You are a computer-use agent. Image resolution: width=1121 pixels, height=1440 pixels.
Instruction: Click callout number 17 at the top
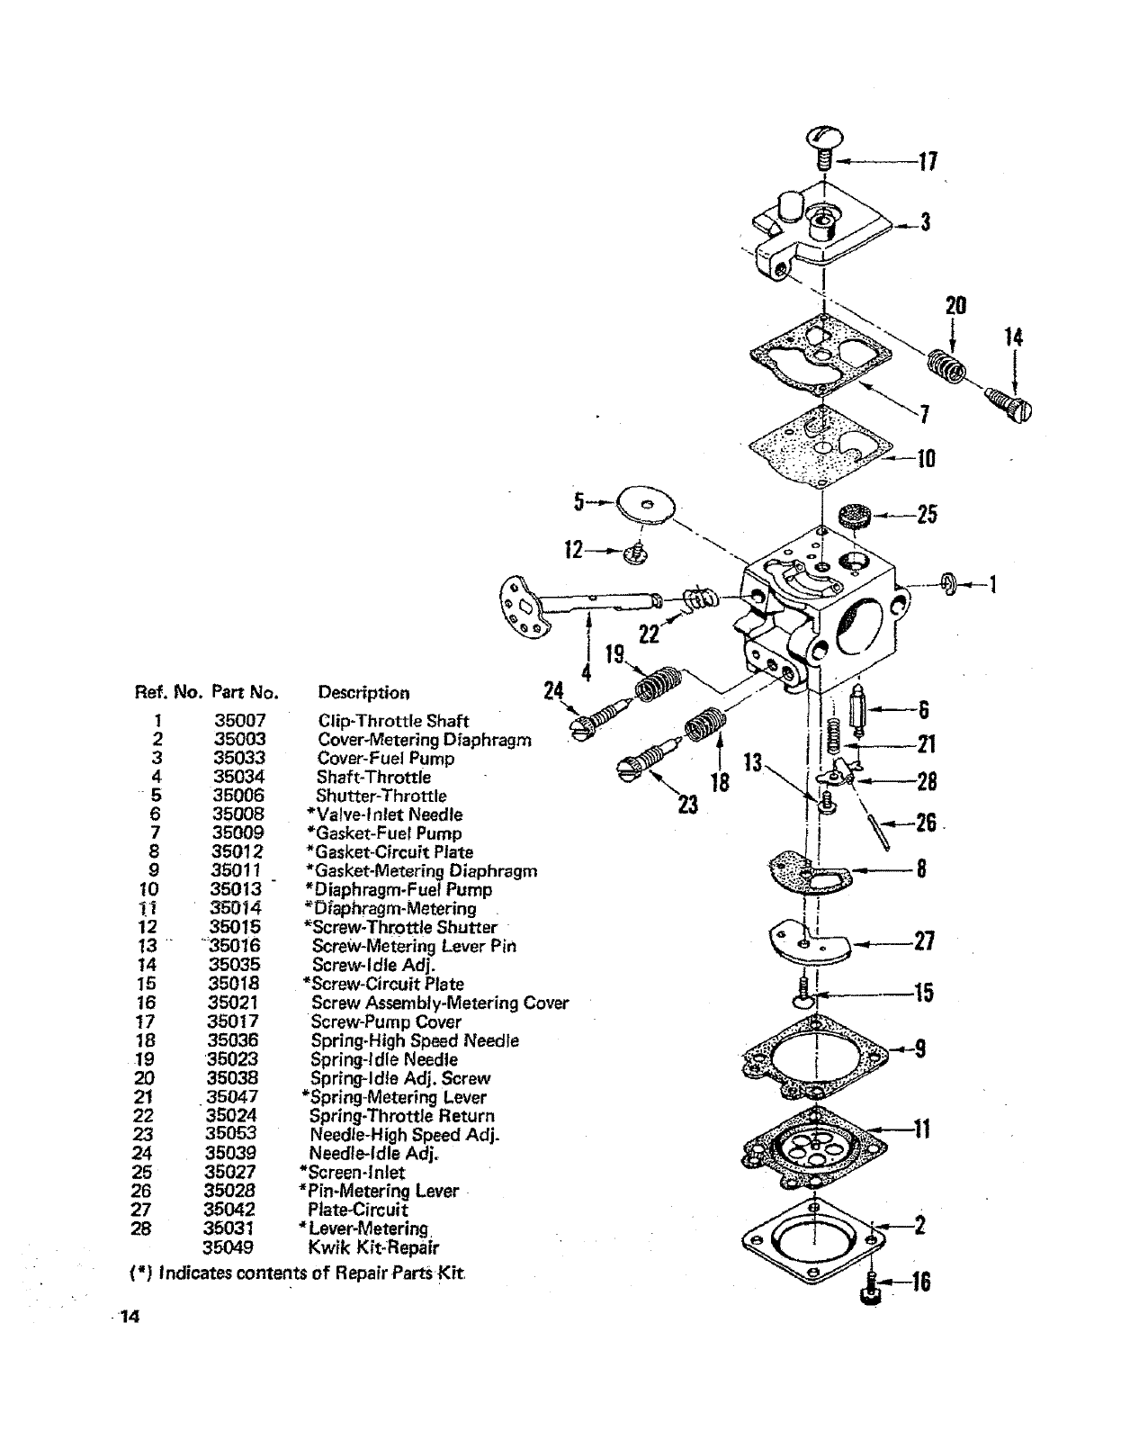tap(928, 162)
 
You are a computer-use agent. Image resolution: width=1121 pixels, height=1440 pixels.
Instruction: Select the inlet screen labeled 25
tap(850, 517)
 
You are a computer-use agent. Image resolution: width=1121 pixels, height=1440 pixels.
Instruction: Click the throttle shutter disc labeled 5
tap(645, 503)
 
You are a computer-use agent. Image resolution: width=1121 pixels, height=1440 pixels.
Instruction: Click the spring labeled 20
tap(947, 365)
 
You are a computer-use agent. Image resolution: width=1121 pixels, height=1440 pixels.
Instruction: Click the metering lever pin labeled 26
tap(883, 832)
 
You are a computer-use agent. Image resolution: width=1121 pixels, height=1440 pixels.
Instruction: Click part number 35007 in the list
tap(239, 721)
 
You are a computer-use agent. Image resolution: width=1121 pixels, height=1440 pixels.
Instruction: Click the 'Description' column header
tap(363, 693)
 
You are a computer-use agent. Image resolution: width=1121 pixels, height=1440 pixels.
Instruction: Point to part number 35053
tap(231, 1134)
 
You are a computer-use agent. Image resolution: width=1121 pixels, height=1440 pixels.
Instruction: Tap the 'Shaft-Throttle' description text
tap(373, 778)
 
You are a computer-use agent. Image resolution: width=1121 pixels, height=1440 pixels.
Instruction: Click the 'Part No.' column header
tap(245, 693)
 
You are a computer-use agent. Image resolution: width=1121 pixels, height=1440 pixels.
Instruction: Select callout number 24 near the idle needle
tap(554, 691)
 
